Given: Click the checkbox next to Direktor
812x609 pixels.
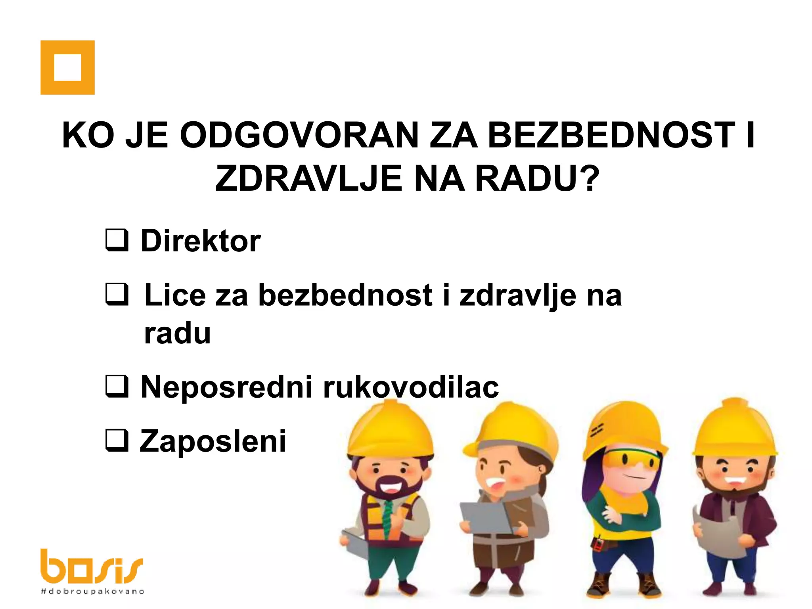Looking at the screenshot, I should [x=117, y=240].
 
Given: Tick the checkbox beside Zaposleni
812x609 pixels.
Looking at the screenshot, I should [x=117, y=440].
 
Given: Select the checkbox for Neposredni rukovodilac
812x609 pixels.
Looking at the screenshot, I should [x=117, y=386].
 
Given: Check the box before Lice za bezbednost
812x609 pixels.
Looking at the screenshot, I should [x=117, y=295].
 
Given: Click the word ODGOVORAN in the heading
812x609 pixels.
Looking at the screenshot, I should [x=299, y=135].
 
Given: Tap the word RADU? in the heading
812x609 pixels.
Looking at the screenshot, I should [x=537, y=179].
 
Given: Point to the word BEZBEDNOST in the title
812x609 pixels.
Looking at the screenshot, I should [x=611, y=135].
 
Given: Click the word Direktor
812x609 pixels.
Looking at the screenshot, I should [x=201, y=241].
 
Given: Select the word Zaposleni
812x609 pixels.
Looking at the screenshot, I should [x=213, y=441].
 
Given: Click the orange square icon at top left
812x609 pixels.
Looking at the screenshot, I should [x=67, y=67].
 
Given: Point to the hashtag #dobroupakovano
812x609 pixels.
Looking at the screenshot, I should [x=92, y=592].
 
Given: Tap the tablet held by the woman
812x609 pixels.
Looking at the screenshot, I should [x=485, y=517].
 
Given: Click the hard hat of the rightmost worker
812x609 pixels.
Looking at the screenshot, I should [x=735, y=428].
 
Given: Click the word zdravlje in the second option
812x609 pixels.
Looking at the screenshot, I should [x=518, y=295].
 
